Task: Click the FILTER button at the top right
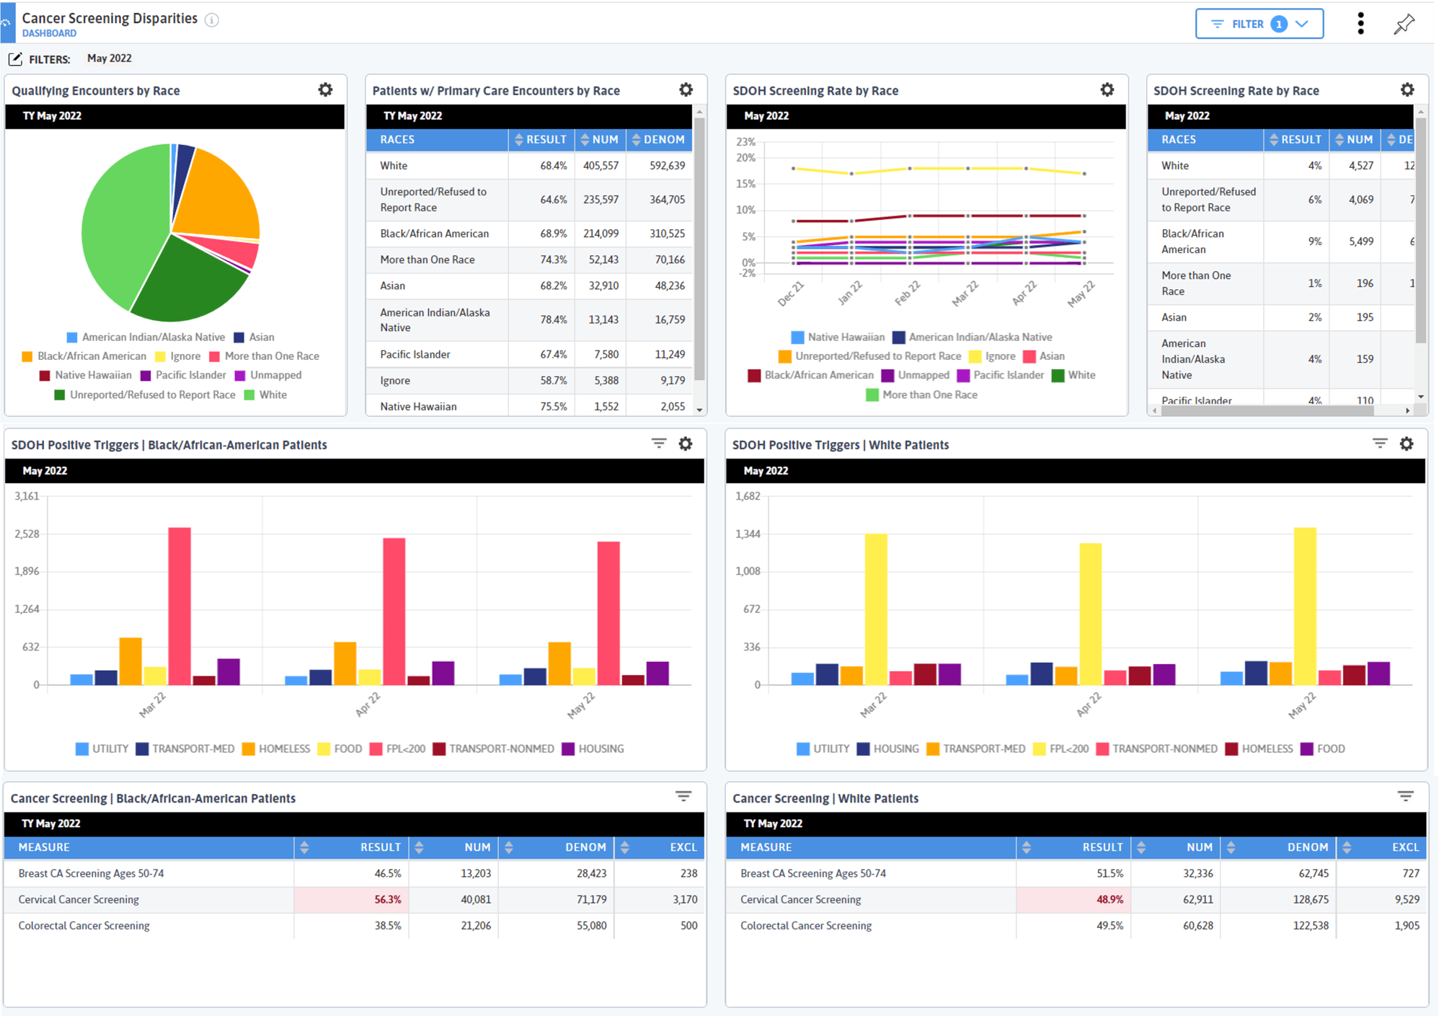1259,24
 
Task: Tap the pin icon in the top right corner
1404,25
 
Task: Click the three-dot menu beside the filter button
1360,24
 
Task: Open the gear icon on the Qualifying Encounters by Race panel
326,89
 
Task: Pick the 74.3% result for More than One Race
553,260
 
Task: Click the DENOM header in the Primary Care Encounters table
663,139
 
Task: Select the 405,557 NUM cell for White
601,165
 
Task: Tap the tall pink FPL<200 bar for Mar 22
180,606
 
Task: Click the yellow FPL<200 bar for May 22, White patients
1304,606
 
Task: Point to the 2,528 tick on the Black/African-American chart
27,534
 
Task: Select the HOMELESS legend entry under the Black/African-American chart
276,748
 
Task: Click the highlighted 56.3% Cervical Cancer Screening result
387,899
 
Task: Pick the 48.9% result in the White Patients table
1110,899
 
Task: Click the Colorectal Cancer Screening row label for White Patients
805,925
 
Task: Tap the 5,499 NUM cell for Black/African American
1360,242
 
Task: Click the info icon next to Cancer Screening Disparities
211,20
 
